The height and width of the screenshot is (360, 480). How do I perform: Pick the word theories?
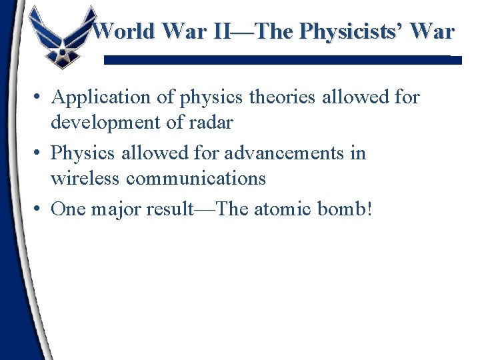pyautogui.click(x=283, y=97)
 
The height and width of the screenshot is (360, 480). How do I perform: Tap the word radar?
pyautogui.click(x=211, y=123)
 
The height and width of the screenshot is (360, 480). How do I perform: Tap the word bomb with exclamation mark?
pyautogui.click(x=351, y=209)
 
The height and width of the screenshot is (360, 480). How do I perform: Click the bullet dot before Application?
pyautogui.click(x=39, y=98)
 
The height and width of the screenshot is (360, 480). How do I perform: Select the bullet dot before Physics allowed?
pyautogui.click(x=39, y=154)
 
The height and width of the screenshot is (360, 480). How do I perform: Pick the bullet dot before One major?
pyautogui.click(x=39, y=210)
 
